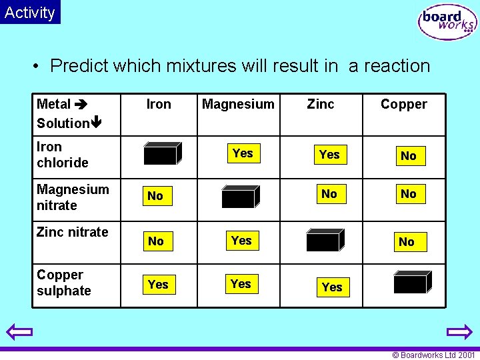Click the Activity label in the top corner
coord(30,12)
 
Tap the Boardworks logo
coord(447,22)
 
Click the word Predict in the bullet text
coord(79,66)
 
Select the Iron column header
coord(159,104)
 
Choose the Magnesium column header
coord(238,104)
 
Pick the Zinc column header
coord(321,104)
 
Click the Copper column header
coord(403,104)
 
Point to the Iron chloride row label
coord(63,155)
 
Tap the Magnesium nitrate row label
coord(73,197)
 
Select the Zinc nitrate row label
coord(72,232)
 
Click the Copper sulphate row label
coord(64,283)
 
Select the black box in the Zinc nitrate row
coord(324,240)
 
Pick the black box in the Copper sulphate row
coord(411,282)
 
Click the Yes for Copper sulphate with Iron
coord(158,285)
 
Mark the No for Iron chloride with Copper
coord(408,156)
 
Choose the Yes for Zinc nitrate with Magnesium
coord(241,241)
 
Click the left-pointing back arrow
coord(20,331)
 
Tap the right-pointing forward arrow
coord(459,331)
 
